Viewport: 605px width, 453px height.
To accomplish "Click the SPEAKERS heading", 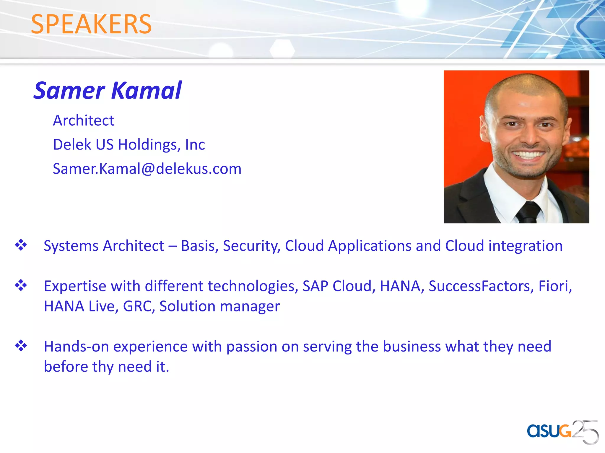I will pyautogui.click(x=91, y=24).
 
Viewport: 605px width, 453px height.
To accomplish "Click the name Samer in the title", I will pyautogui.click(x=69, y=91).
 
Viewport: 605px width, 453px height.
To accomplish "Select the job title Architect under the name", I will pyautogui.click(x=84, y=121).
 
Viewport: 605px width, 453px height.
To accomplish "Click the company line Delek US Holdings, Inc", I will pyautogui.click(x=129, y=145).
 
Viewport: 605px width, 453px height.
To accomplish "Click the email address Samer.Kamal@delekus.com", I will pyautogui.click(x=147, y=169).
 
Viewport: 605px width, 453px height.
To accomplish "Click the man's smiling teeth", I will pyautogui.click(x=528, y=155).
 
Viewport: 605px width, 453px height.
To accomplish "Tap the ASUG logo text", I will pyautogui.click(x=549, y=431).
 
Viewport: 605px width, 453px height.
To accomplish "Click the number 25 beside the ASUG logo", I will pyautogui.click(x=585, y=432).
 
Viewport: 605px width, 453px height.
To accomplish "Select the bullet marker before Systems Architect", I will pyautogui.click(x=21, y=245).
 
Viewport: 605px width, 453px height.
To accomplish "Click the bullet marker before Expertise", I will pyautogui.click(x=21, y=285).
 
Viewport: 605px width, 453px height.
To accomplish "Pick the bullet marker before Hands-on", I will pyautogui.click(x=21, y=346).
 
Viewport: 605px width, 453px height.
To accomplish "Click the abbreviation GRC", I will pyautogui.click(x=139, y=306).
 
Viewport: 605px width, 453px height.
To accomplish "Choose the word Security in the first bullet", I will pyautogui.click(x=251, y=246).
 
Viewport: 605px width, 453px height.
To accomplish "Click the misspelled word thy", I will pyautogui.click(x=103, y=367).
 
